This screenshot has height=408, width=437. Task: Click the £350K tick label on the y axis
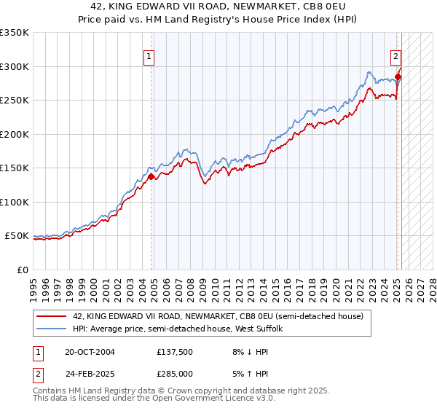tap(15, 33)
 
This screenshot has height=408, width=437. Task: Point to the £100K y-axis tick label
tap(15, 202)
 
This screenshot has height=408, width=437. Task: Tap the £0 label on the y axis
tap(23, 270)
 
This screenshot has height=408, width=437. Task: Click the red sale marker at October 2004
tap(151, 176)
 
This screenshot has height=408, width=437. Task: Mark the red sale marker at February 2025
tap(398, 76)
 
